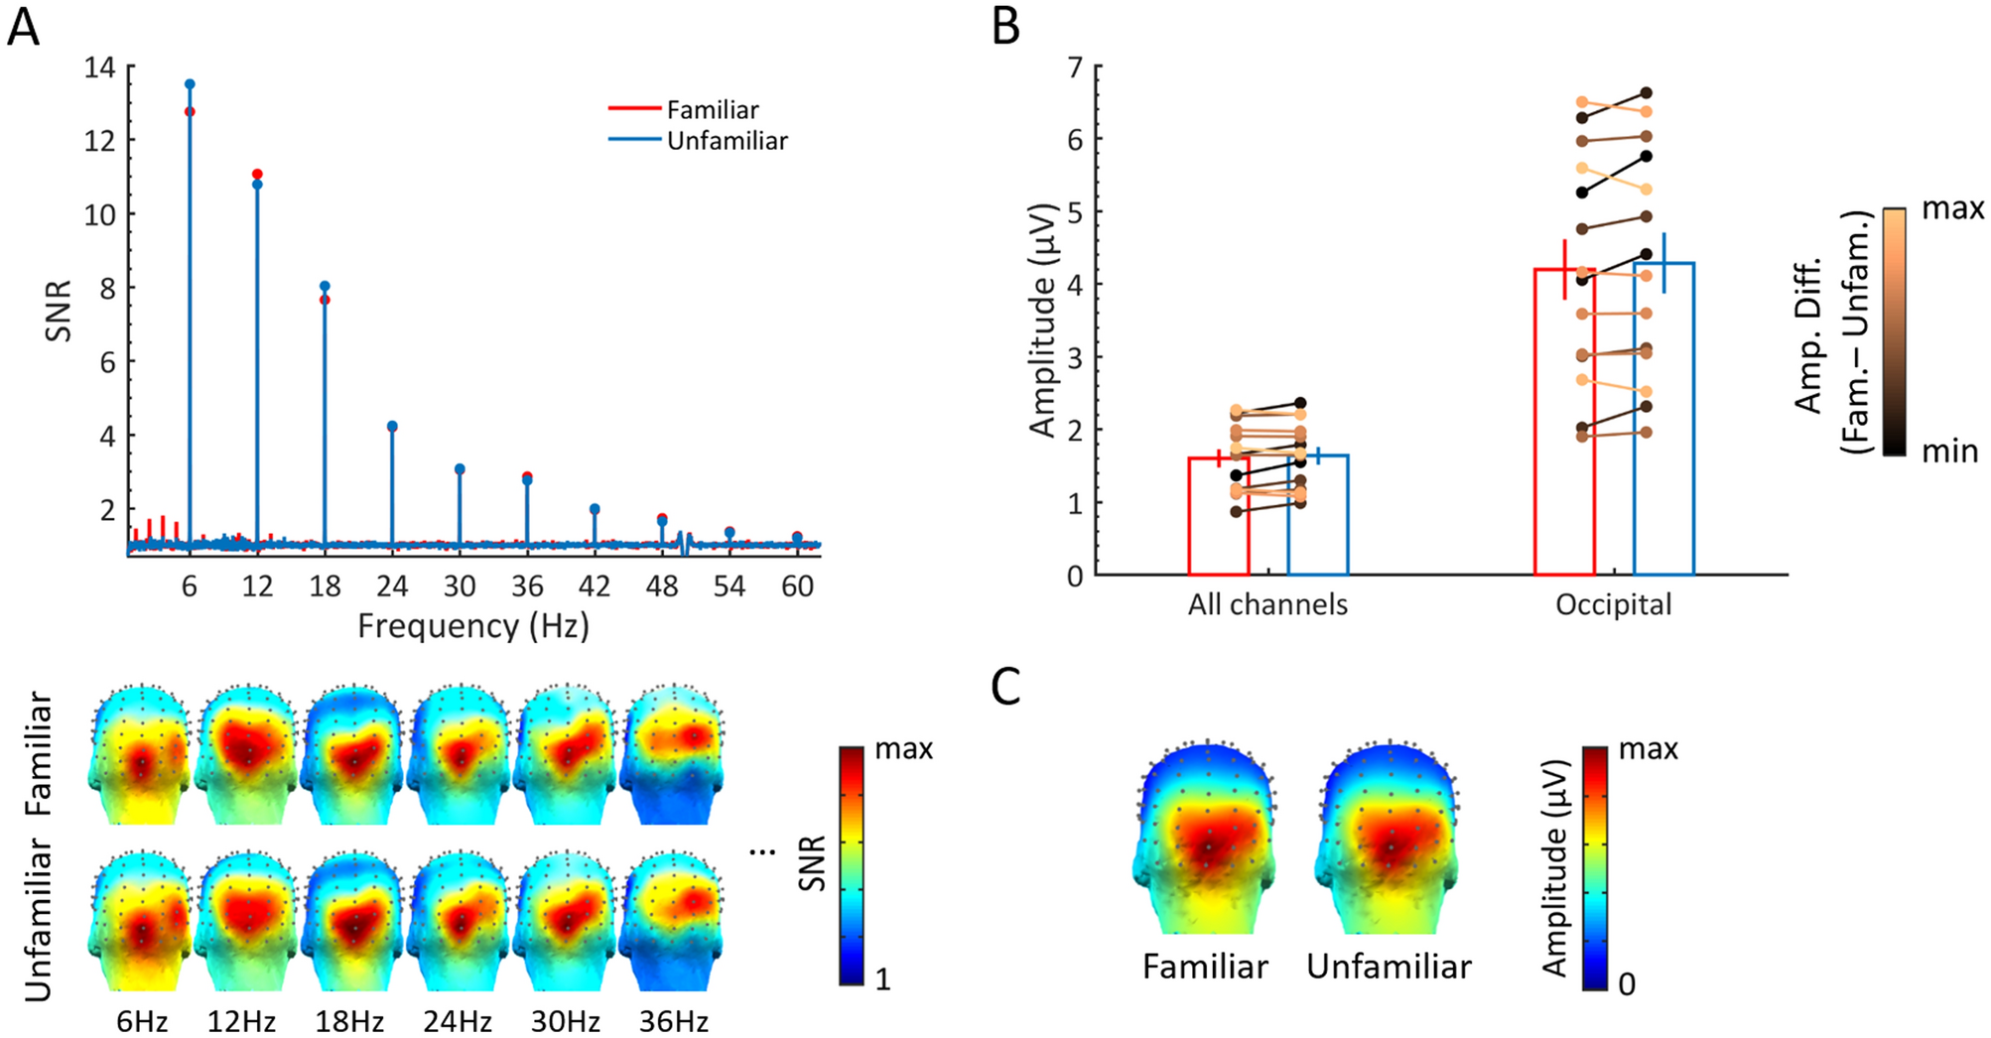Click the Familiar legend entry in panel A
(712, 109)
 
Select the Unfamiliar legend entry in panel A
(726, 141)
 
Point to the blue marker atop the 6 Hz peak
(190, 84)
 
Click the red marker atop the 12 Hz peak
(257, 174)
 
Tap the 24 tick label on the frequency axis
(392, 586)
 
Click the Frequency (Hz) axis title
(473, 626)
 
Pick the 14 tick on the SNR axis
(100, 67)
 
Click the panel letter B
(1005, 27)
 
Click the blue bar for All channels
(1317, 515)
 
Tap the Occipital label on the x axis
(1613, 604)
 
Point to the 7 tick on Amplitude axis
(1075, 67)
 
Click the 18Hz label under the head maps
(348, 1021)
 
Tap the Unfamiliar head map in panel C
(1388, 839)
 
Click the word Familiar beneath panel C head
(1205, 967)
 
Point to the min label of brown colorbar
(1949, 452)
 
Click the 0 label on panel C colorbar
(1627, 984)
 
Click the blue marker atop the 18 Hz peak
(325, 286)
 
